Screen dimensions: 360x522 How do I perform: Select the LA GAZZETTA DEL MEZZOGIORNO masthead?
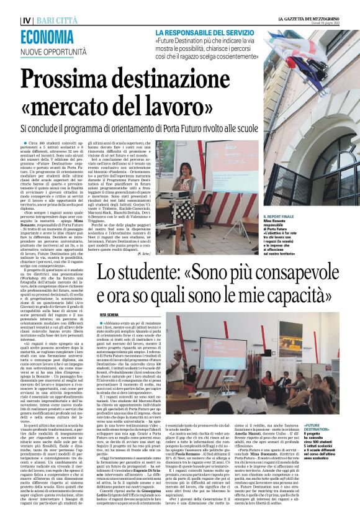[308, 19]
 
